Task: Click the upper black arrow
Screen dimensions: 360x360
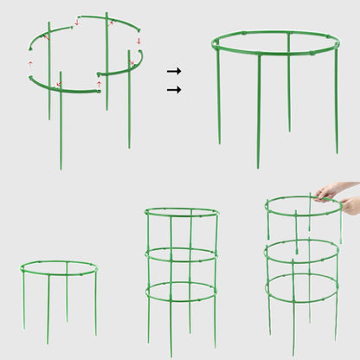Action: coord(174,71)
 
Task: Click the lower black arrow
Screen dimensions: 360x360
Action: coord(174,89)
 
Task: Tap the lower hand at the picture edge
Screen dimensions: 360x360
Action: coord(350,206)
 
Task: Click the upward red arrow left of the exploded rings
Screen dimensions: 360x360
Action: coord(31,63)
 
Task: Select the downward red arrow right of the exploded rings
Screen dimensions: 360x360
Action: coord(138,40)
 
